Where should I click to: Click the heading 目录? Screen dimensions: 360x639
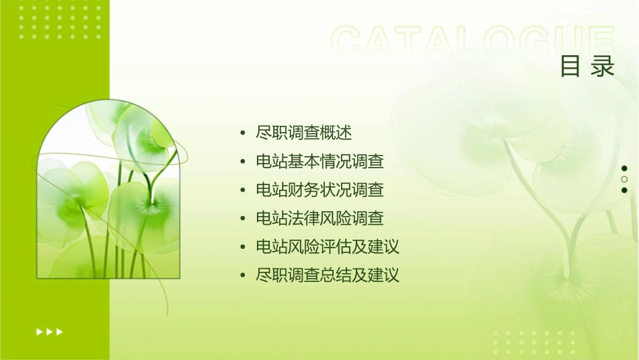587,67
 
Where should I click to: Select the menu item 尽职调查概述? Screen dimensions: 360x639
304,133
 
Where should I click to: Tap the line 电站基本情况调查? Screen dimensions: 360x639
320,161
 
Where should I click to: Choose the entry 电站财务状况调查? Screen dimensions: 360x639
320,190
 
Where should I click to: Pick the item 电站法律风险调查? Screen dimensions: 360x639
320,218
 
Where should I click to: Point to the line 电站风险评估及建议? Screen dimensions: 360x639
328,247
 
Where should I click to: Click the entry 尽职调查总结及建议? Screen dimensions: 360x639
328,275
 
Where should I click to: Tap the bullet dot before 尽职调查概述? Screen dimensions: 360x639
243,133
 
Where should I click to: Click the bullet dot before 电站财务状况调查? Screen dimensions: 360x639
243,190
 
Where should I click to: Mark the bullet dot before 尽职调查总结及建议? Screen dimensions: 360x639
243,276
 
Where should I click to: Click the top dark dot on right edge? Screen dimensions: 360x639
624,168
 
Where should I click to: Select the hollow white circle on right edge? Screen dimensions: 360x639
624,179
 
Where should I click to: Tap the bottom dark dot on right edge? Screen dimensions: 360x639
624,190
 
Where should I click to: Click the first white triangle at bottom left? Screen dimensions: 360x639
39,332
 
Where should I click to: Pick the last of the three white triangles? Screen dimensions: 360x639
60,332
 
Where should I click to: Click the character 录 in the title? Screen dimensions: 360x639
603,67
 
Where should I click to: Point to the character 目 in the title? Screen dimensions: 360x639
571,67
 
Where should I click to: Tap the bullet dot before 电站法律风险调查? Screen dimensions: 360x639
243,219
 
